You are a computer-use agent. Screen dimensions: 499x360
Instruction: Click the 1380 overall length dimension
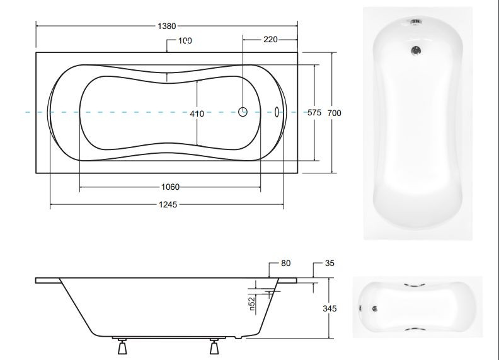(x=167, y=26)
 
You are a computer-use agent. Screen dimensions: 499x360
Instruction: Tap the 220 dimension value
(x=270, y=40)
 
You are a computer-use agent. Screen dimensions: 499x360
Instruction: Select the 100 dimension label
(x=185, y=41)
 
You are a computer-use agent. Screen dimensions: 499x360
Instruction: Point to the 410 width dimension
(x=197, y=113)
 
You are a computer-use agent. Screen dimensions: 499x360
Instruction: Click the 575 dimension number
(x=314, y=113)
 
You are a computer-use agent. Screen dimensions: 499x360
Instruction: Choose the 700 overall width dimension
(x=334, y=113)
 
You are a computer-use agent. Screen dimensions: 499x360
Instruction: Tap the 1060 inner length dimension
(x=170, y=187)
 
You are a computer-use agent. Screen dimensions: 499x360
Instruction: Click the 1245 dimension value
(x=168, y=204)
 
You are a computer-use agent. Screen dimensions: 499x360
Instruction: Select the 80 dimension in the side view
(x=286, y=263)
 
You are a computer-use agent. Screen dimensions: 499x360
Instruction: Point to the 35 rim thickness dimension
(x=330, y=263)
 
